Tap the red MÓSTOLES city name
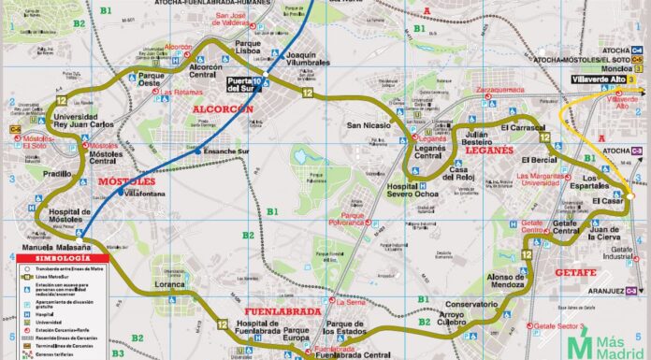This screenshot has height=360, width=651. tap(125, 178)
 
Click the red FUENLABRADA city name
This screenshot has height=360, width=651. tap(282, 310)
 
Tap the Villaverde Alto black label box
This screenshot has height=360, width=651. tap(598, 80)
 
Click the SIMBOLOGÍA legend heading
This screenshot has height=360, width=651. tap(56, 256)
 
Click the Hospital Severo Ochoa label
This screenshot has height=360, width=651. tap(408, 187)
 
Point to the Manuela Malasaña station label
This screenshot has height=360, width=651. tap(49, 247)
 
